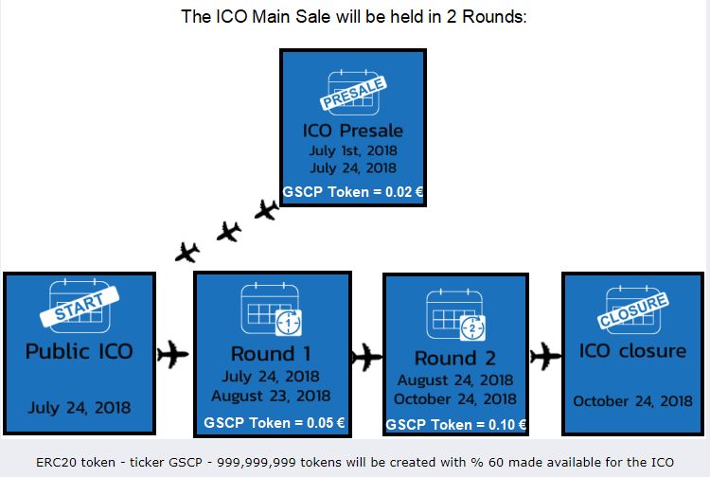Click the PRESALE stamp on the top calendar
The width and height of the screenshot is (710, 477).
(x=353, y=94)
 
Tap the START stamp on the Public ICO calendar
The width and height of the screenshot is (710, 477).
(x=80, y=307)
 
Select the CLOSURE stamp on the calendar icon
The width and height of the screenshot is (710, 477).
(x=632, y=310)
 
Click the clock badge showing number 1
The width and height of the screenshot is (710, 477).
(x=289, y=323)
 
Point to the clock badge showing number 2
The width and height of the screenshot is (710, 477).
(x=472, y=327)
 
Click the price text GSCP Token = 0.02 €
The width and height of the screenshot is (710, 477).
(x=353, y=192)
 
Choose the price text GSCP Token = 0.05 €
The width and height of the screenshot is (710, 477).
(x=274, y=423)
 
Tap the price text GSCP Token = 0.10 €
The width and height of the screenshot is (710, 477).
(x=455, y=425)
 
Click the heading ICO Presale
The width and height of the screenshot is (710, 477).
(x=353, y=131)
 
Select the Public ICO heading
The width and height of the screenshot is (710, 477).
(x=80, y=351)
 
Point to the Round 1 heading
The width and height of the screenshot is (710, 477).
(x=271, y=354)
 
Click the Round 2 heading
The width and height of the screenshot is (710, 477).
(x=455, y=358)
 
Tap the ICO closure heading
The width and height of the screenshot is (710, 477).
(x=632, y=351)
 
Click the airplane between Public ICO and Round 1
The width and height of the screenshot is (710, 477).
(x=172, y=354)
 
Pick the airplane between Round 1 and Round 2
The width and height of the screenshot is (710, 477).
(x=366, y=357)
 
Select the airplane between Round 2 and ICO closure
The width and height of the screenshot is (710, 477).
(x=545, y=356)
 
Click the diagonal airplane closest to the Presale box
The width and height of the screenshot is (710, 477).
(x=266, y=209)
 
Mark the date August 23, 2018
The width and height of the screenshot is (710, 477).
(x=271, y=396)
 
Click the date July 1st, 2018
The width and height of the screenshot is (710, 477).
(x=353, y=150)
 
